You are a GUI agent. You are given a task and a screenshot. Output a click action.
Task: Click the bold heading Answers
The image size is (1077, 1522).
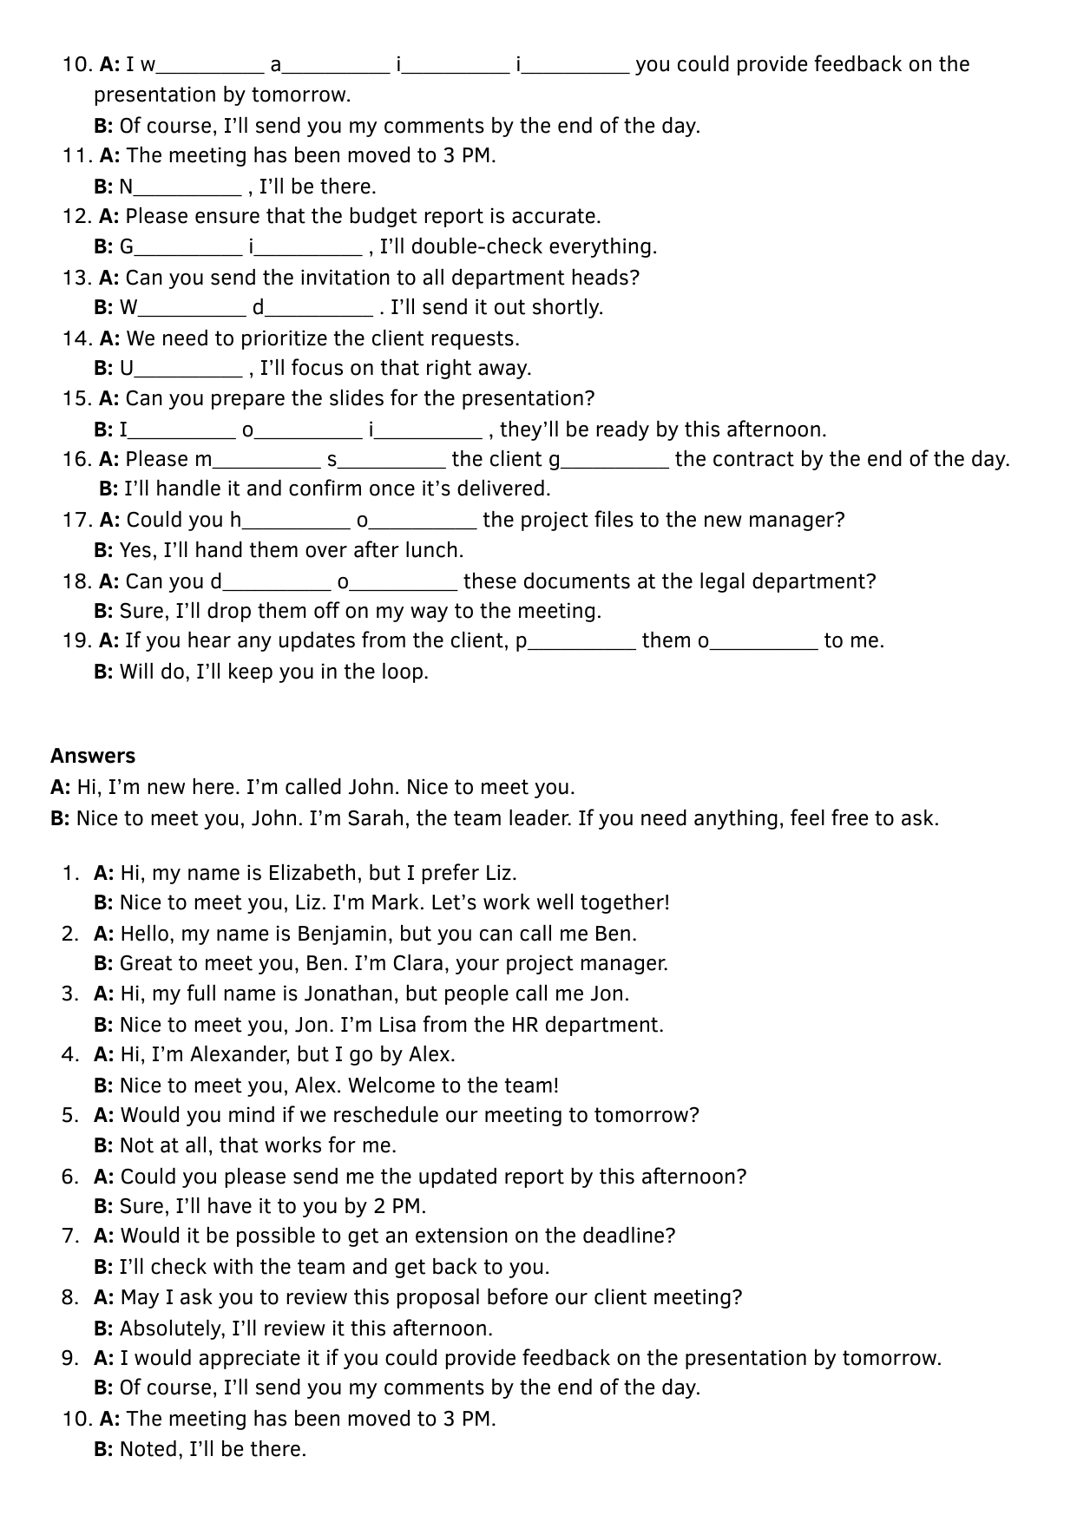coord(93,756)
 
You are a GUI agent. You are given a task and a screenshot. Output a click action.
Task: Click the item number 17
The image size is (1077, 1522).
coord(76,521)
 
